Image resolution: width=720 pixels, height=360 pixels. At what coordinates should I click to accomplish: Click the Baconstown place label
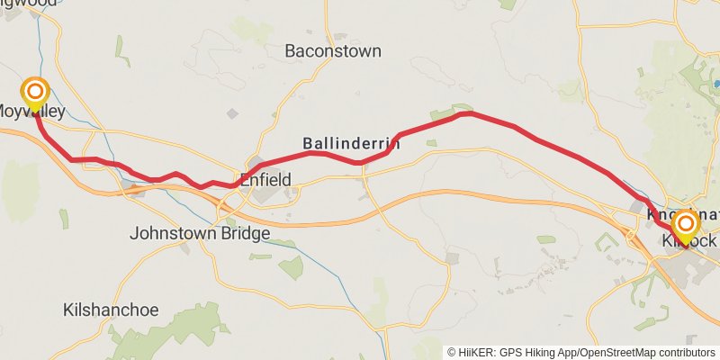332,51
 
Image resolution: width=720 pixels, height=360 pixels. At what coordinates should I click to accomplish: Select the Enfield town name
265,180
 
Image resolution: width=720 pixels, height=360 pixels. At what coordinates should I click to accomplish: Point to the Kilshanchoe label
111,310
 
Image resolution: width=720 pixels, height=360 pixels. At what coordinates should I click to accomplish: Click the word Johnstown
171,234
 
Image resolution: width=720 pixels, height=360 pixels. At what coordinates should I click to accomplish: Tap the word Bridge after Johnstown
242,234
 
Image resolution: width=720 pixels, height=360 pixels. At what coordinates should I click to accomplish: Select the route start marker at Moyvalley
35,92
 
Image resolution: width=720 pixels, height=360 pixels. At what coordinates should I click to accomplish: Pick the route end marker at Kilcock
686,225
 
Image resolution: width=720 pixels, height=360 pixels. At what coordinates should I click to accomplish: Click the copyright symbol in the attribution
452,353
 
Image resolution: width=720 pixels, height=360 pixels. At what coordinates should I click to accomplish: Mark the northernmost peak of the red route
466,113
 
